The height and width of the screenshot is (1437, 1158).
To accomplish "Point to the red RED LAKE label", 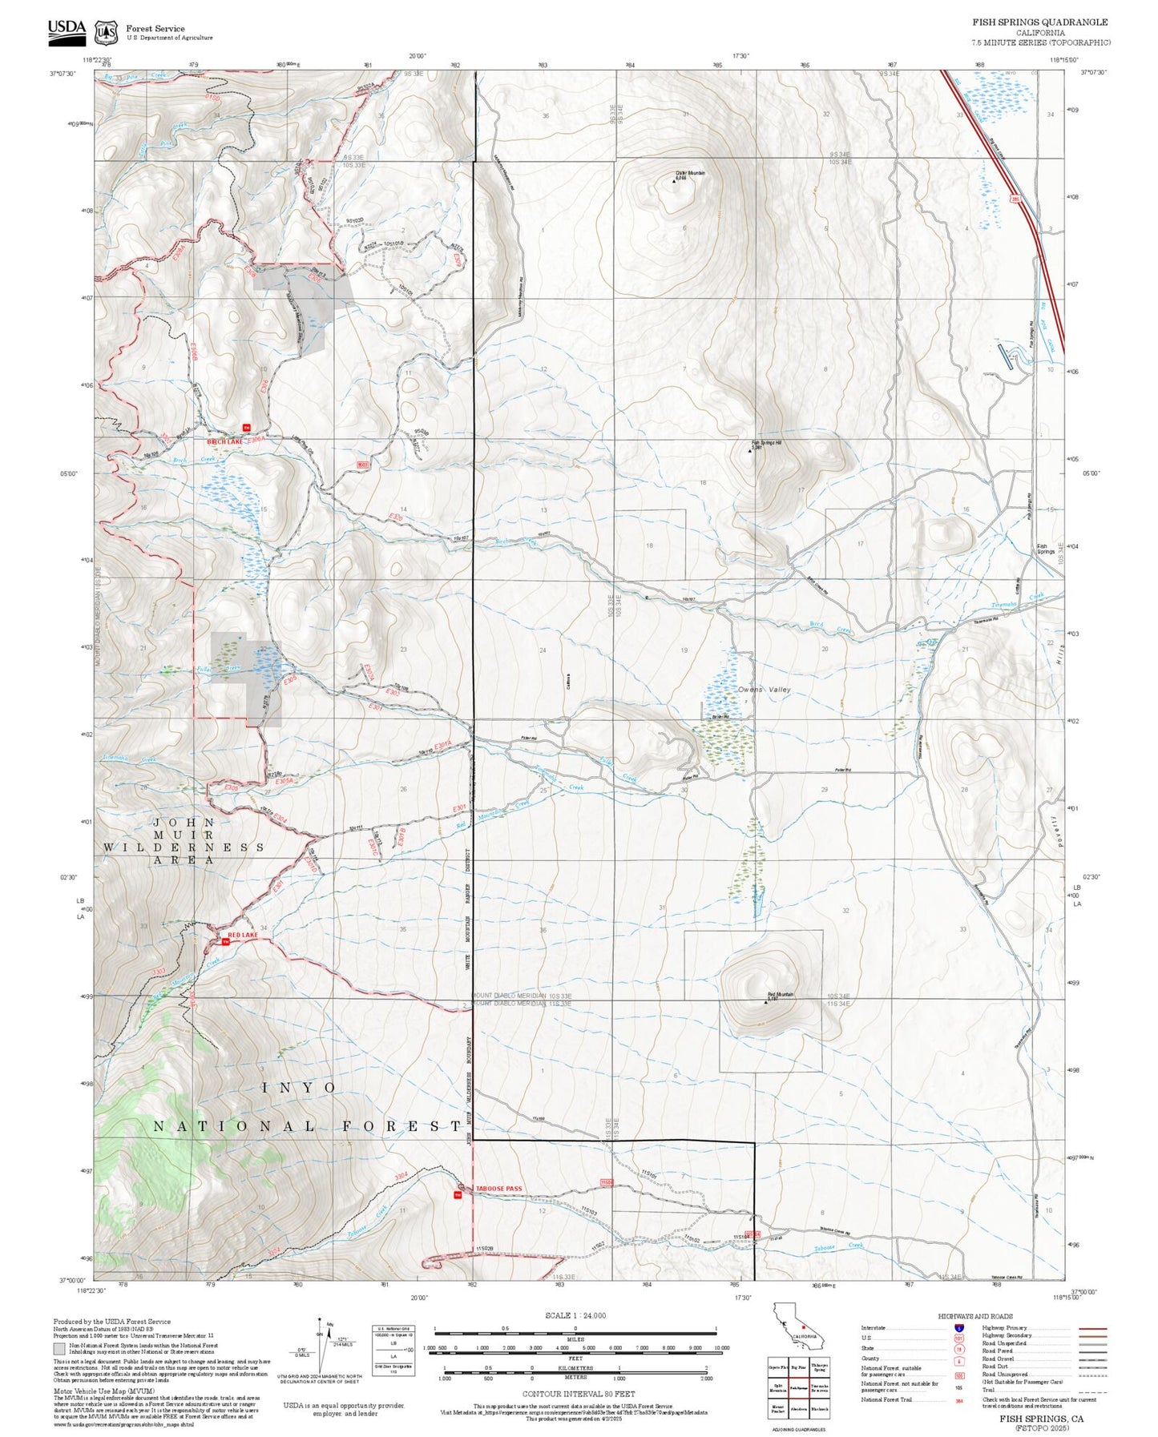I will point(242,936).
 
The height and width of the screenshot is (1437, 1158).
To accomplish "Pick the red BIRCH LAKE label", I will point(224,441).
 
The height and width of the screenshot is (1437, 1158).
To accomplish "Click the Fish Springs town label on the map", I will point(1046,549).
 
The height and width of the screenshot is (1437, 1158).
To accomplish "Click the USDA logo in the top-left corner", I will point(67,30).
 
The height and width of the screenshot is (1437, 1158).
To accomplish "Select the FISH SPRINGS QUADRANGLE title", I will point(1040,22).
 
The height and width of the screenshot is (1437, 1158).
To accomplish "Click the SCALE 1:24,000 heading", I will point(575,1316).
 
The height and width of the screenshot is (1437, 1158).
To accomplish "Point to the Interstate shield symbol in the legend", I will point(958,1328).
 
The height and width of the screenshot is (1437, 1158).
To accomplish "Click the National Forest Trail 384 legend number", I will point(958,1400).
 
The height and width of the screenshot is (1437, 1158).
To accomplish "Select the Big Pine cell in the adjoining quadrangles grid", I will point(798,1367).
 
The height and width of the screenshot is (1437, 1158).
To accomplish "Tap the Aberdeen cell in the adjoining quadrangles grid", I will point(798,1409).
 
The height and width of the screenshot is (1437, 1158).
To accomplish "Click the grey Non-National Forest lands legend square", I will point(59,1349).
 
